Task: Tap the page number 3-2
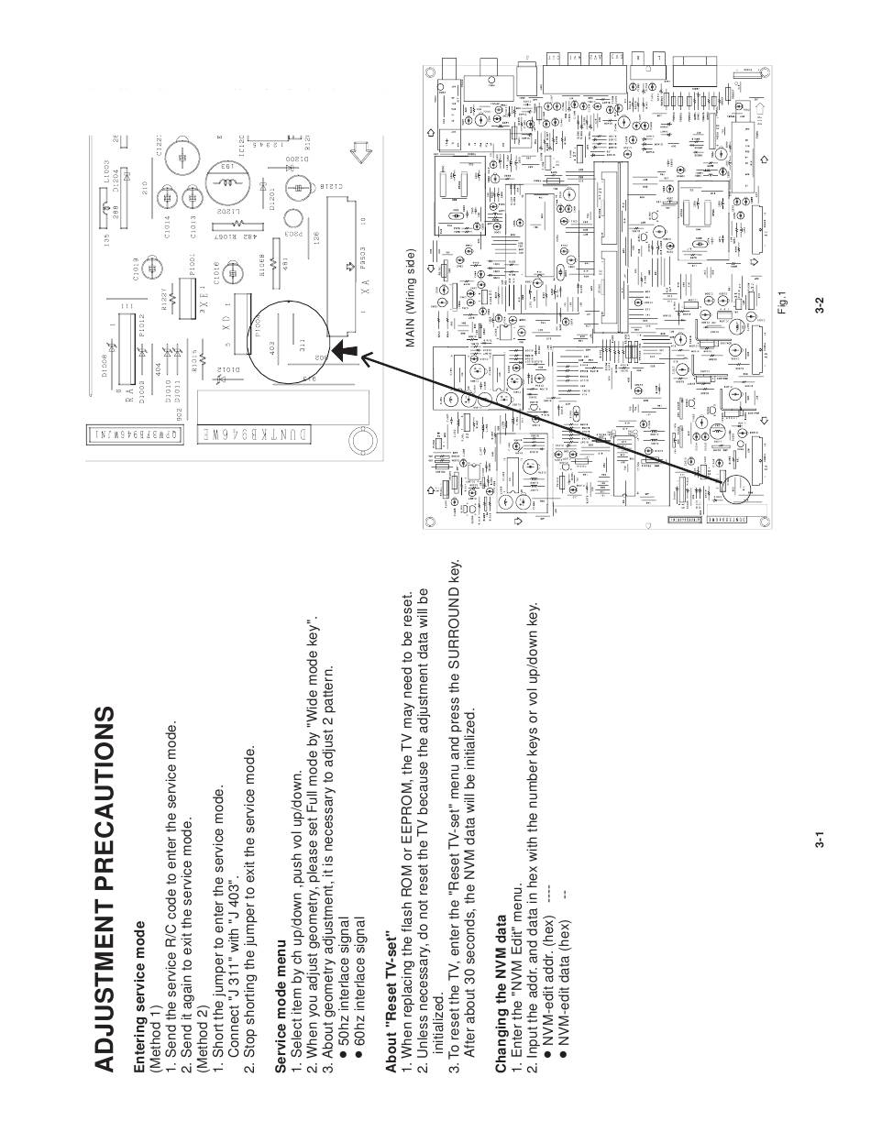point(823,306)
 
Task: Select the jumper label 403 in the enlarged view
point(273,347)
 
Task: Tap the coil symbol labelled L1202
point(225,182)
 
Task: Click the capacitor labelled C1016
point(231,273)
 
